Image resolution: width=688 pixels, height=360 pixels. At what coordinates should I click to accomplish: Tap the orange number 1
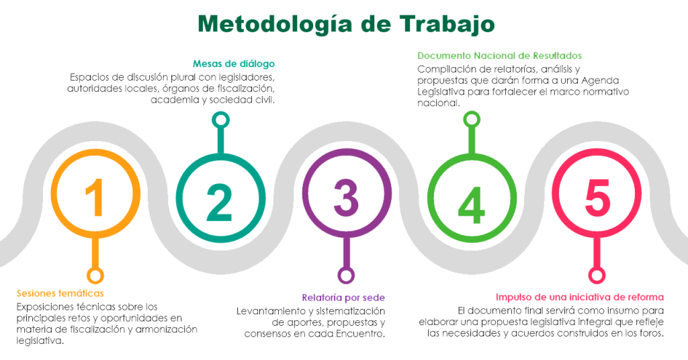tap(96, 197)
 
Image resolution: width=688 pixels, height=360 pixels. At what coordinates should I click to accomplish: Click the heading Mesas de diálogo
tap(234, 64)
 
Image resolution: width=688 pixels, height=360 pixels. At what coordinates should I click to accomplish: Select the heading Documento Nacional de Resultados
tap(499, 55)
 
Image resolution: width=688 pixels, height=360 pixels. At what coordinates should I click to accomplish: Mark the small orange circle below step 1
tap(96, 275)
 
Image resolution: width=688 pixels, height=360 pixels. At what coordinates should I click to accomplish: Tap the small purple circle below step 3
tap(346, 275)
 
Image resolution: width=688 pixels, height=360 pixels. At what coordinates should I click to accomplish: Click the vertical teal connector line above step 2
tap(219, 137)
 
